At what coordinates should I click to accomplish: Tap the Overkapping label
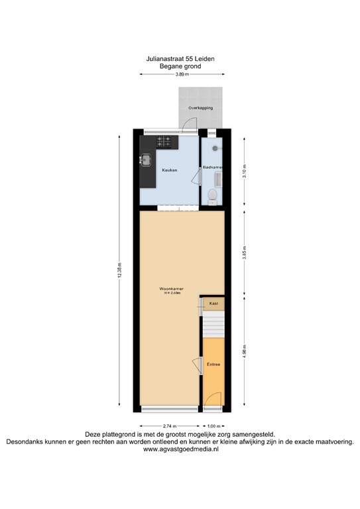pyautogui.click(x=200, y=107)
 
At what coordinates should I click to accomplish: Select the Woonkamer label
pyautogui.click(x=171, y=290)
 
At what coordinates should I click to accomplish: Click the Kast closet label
pyautogui.click(x=213, y=303)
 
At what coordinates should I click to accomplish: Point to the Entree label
pyautogui.click(x=213, y=365)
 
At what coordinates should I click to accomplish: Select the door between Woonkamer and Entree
pyautogui.click(x=198, y=365)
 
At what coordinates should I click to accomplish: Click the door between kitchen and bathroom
pyautogui.click(x=197, y=176)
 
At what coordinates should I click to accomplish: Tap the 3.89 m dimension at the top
pyautogui.click(x=182, y=74)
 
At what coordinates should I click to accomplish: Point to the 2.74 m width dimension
pyautogui.click(x=169, y=425)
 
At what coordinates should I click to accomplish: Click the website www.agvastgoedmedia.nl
pyautogui.click(x=180, y=449)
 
